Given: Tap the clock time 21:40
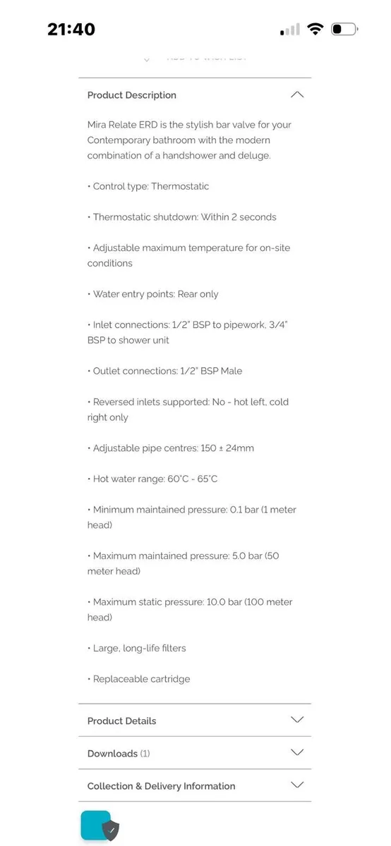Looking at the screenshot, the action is point(71,29).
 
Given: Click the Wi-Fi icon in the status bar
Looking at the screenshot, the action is point(315,29).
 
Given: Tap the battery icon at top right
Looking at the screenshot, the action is point(344,29).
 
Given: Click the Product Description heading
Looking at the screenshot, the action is point(131,95).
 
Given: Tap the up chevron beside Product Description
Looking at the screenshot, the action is point(297,94).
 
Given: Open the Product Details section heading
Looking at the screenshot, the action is point(121,721).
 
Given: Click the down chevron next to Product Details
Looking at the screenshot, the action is point(297,720).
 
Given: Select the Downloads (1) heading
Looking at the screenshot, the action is point(118,753).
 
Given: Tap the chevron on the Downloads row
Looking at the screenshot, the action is point(297,752).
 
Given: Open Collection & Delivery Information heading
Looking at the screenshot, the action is point(161,785).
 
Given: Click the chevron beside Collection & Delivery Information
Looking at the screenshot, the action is point(297,785).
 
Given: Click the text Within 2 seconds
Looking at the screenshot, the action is point(239,217).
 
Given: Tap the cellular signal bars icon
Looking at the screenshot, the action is point(290,30).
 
